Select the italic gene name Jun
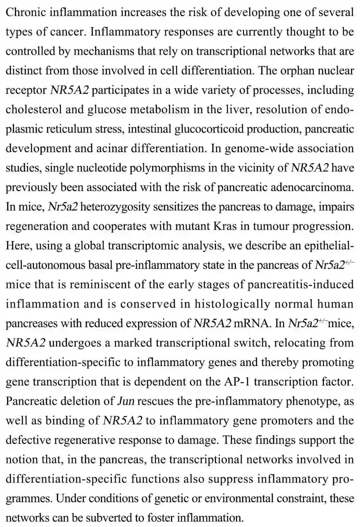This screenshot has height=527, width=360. tap(126, 401)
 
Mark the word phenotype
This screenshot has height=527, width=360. tap(312, 401)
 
